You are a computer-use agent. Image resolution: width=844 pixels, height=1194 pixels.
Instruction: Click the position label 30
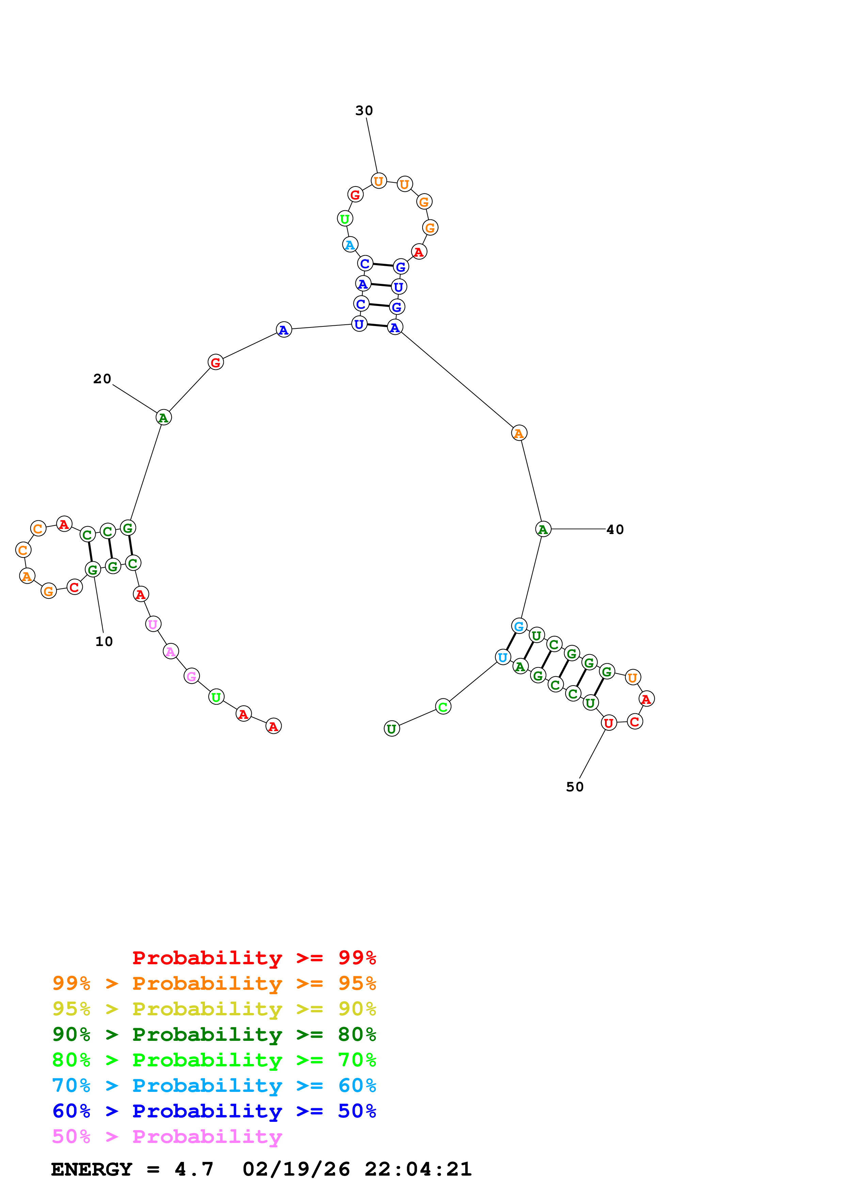[x=364, y=111]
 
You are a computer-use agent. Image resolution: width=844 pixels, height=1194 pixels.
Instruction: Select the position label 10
[x=104, y=641]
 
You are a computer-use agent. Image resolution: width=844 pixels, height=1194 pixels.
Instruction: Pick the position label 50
[x=575, y=787]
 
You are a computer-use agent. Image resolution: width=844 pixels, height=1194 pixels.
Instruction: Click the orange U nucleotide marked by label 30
[x=379, y=181]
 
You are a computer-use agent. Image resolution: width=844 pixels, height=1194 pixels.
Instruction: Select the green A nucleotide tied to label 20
[x=163, y=417]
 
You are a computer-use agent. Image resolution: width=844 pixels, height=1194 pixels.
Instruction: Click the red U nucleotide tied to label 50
[x=608, y=722]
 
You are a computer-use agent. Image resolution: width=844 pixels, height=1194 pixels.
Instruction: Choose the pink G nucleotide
[x=191, y=676]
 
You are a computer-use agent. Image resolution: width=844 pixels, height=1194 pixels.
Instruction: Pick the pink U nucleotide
[x=153, y=624]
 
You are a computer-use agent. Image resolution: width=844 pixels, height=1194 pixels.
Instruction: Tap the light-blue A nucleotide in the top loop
[x=350, y=244]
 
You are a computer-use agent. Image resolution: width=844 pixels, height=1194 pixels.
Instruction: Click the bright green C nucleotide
[x=443, y=707]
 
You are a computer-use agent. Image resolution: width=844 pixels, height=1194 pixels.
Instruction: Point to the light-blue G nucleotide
[x=519, y=626]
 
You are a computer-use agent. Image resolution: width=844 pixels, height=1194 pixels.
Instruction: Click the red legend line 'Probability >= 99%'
[x=254, y=958]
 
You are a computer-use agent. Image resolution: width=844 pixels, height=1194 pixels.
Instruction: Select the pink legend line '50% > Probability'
[x=167, y=1136]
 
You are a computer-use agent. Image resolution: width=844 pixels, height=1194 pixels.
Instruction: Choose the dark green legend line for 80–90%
[x=214, y=1034]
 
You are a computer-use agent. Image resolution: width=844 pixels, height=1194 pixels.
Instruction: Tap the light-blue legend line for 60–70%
[x=214, y=1085]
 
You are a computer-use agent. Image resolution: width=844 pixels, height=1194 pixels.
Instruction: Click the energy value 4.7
[x=194, y=1169]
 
